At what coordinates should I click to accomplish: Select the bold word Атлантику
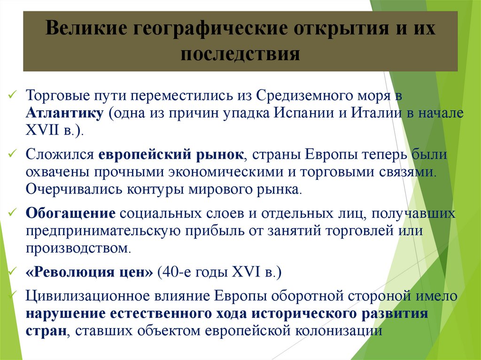click(x=64, y=113)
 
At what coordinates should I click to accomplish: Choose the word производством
click(x=78, y=248)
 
